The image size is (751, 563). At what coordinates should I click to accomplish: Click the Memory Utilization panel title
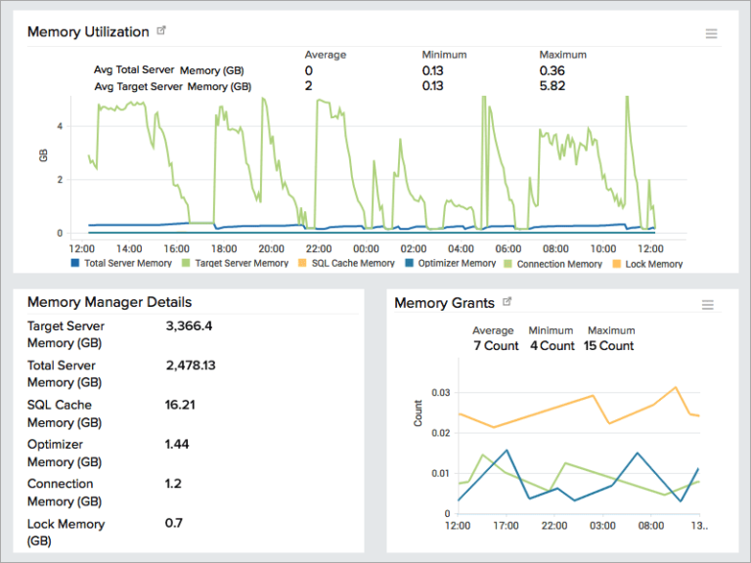pyautogui.click(x=88, y=31)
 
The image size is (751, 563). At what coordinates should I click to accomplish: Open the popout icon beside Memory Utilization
pyautogui.click(x=161, y=31)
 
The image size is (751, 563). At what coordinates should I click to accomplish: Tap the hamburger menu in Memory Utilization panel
pyautogui.click(x=711, y=34)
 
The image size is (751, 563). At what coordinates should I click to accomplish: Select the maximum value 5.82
pyautogui.click(x=552, y=86)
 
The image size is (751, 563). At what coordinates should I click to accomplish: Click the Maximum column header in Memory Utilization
pyautogui.click(x=561, y=55)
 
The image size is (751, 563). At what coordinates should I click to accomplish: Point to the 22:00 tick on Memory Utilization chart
pyautogui.click(x=319, y=248)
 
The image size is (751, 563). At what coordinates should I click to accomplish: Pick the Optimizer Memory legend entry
pyautogui.click(x=450, y=264)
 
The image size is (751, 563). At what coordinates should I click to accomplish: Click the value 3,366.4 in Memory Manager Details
pyautogui.click(x=189, y=325)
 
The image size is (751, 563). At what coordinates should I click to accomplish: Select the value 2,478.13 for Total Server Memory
pyautogui.click(x=191, y=365)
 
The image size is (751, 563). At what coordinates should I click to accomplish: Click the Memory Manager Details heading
pyautogui.click(x=110, y=302)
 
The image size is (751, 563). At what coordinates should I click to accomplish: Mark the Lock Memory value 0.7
pyautogui.click(x=174, y=523)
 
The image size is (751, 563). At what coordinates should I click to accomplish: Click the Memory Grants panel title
pyautogui.click(x=444, y=303)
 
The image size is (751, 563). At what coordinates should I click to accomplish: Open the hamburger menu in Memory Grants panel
pyautogui.click(x=708, y=305)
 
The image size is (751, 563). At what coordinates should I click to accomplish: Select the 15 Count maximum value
pyautogui.click(x=608, y=346)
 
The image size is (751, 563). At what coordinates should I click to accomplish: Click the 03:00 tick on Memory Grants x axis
pyautogui.click(x=603, y=526)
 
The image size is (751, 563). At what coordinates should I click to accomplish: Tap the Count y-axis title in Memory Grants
pyautogui.click(x=419, y=413)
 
